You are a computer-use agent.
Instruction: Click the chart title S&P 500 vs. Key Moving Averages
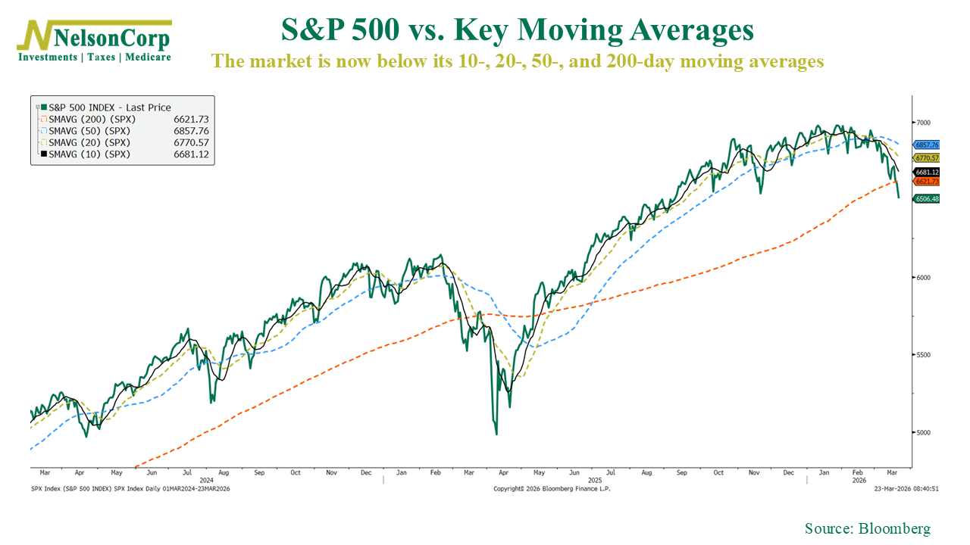(x=517, y=30)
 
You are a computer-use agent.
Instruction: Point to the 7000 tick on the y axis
(x=923, y=122)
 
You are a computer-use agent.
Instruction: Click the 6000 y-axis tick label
(x=923, y=277)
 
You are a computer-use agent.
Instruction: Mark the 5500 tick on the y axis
(x=923, y=355)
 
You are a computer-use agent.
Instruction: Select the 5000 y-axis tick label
(x=923, y=433)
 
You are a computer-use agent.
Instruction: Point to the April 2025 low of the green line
(x=496, y=434)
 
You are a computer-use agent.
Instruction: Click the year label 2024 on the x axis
(x=205, y=480)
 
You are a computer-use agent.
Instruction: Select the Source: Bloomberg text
(x=867, y=528)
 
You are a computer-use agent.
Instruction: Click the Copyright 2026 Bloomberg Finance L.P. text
(x=551, y=489)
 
